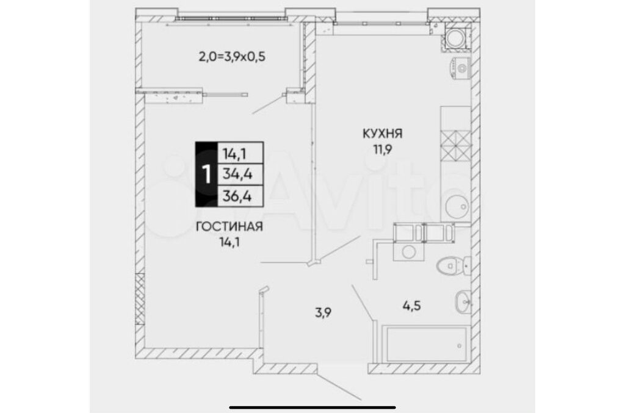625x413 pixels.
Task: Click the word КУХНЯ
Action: [382, 134]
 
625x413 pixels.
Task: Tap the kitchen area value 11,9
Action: [383, 149]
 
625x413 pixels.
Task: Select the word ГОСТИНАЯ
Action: [229, 226]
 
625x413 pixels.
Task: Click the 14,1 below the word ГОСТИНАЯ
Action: [229, 242]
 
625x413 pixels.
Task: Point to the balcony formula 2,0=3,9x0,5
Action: [232, 57]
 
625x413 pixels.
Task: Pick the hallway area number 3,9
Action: [323, 312]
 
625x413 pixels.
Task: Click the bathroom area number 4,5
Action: [412, 306]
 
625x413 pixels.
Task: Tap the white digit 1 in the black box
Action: [206, 174]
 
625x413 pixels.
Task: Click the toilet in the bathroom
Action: [453, 265]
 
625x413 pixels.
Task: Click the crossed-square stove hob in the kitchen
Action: [455, 145]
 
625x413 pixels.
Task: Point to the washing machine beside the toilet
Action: [408, 251]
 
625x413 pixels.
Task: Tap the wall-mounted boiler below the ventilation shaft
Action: [461, 67]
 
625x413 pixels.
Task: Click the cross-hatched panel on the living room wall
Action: [140, 299]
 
